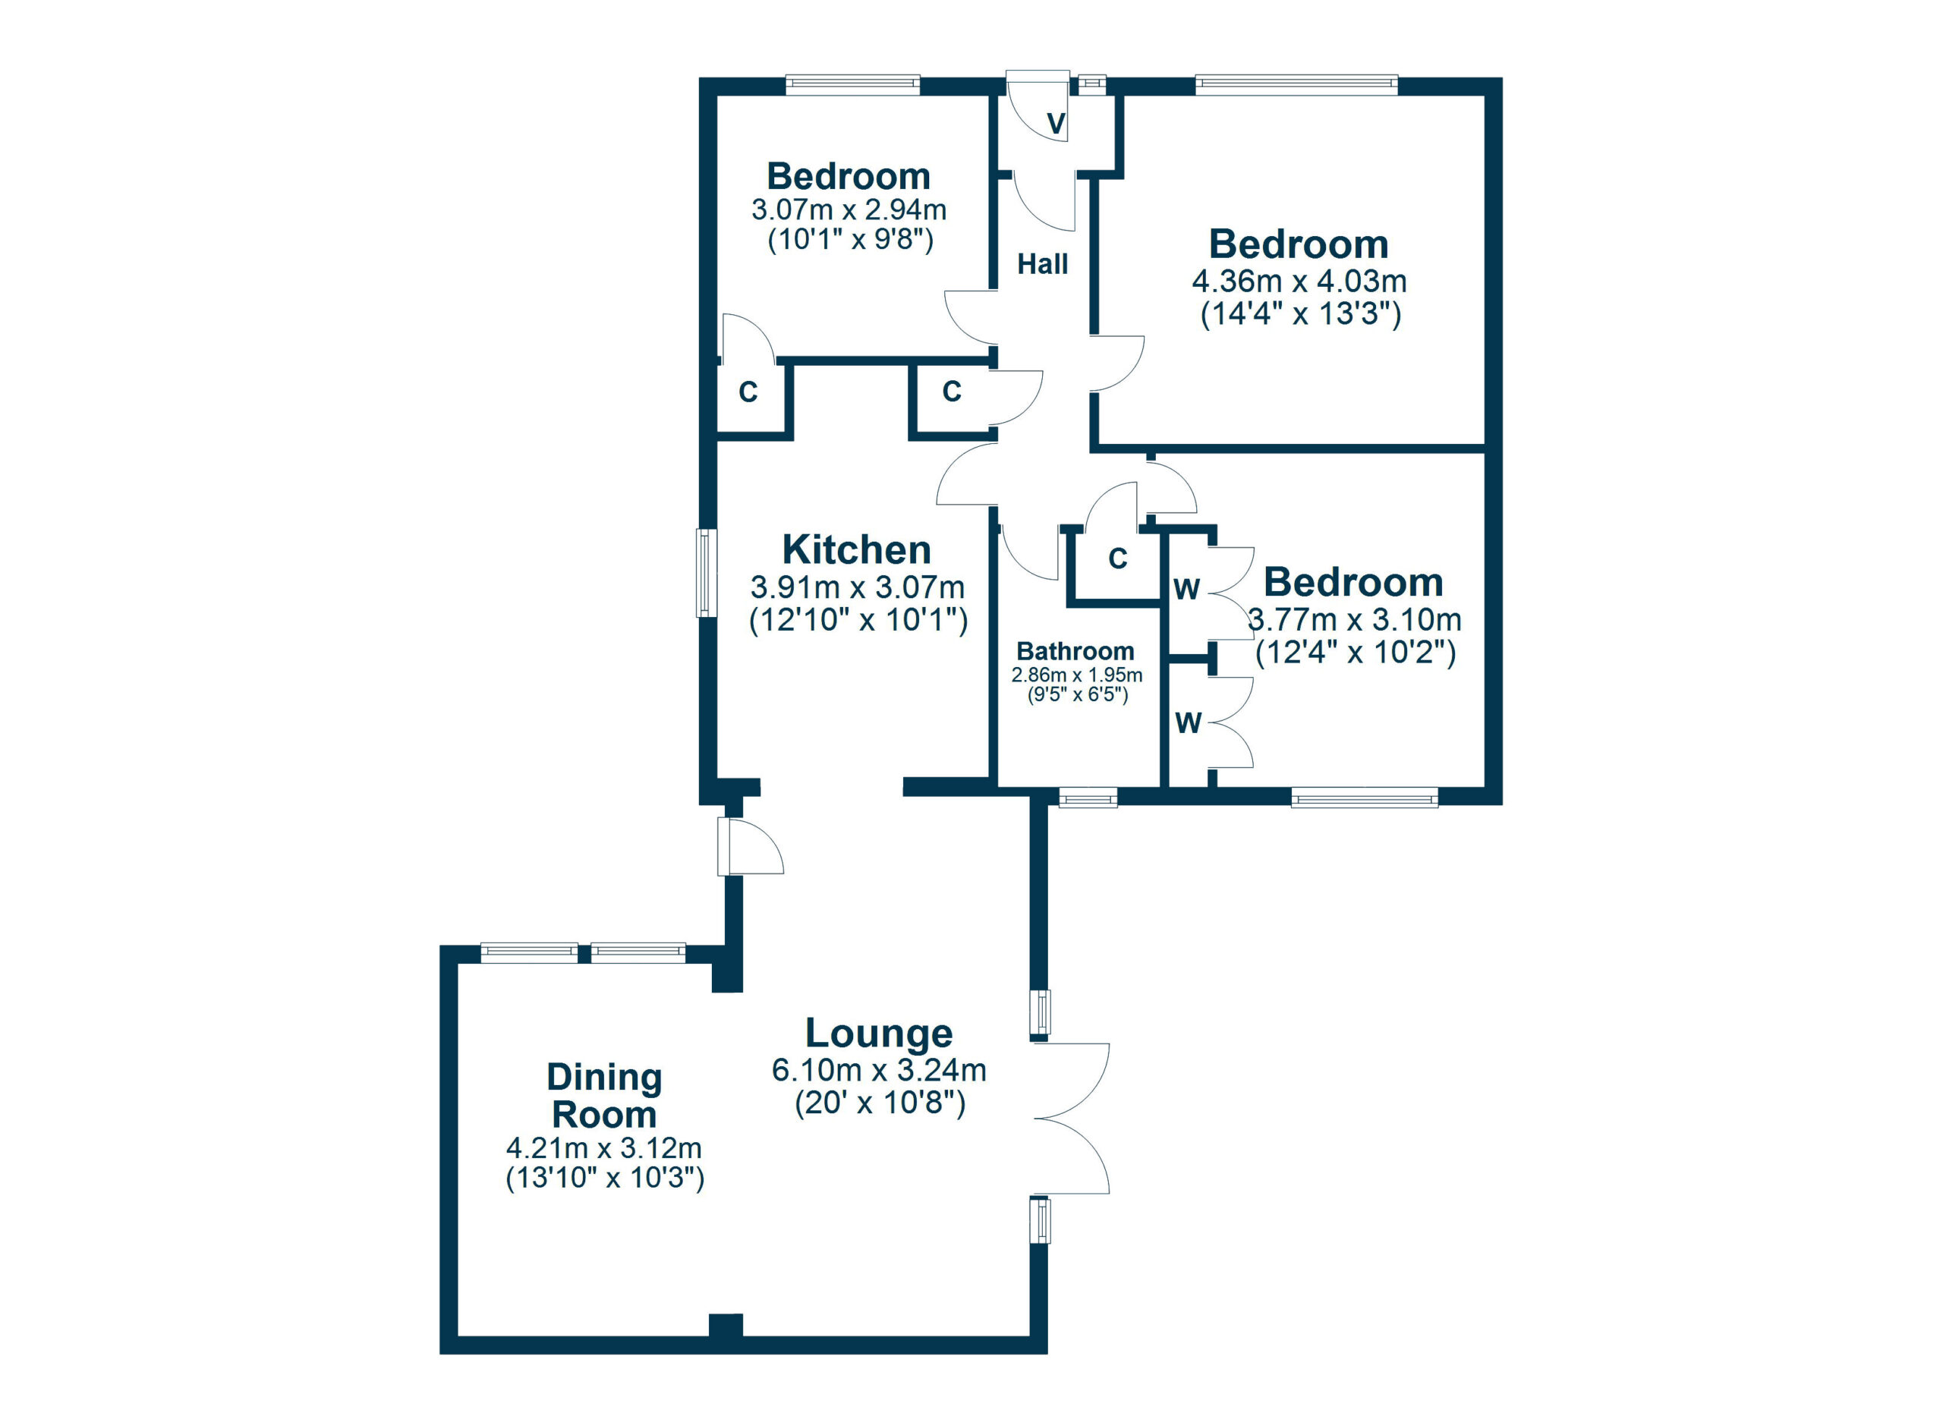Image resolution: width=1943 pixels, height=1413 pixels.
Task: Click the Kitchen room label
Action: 856,549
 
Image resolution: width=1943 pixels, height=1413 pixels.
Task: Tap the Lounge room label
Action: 879,1034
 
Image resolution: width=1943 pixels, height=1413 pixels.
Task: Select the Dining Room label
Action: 604,1096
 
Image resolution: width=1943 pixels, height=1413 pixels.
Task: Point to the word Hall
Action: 1043,264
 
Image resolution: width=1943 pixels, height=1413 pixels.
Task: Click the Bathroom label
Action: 1075,651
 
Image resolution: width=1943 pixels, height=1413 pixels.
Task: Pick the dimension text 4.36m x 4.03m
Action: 1299,281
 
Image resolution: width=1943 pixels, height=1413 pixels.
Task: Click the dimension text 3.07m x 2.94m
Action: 849,209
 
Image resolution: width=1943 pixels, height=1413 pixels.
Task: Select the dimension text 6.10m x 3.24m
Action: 879,1071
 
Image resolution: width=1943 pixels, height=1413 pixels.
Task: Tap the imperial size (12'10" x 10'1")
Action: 858,620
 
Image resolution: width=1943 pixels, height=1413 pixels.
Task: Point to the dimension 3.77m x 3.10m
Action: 1355,619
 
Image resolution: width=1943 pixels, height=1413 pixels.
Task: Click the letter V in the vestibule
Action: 1057,124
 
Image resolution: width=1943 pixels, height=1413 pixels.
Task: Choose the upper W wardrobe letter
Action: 1186,589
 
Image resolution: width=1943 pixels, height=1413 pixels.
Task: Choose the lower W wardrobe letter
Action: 1189,724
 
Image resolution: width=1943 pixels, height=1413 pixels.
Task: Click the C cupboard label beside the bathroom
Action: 1118,559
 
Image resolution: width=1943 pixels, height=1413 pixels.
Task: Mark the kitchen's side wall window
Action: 705,573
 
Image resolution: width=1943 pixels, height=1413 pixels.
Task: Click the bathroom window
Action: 1088,798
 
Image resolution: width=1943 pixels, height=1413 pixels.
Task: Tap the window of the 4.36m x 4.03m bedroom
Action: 1297,84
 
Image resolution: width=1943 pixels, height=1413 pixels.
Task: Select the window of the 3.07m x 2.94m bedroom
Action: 853,84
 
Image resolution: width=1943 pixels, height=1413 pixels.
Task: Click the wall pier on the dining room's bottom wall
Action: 726,1326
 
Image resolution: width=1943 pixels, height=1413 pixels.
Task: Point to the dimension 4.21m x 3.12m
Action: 604,1147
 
